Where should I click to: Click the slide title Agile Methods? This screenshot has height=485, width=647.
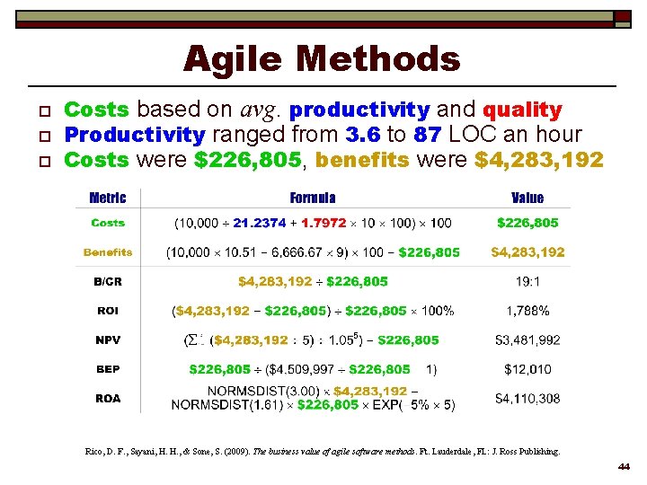pos(322,60)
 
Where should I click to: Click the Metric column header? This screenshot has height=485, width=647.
pos(108,198)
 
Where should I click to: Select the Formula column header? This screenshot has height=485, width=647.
pos(313,198)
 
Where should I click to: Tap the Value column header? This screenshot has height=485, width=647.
pos(527,198)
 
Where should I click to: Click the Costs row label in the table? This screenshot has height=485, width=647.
pos(108,223)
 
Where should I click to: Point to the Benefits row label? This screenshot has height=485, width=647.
pos(108,252)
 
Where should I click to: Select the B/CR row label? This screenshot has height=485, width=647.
pos(108,282)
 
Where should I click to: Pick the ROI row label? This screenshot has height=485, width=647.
pos(108,311)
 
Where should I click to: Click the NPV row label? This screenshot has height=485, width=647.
pos(108,340)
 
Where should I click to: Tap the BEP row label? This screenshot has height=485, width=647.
pos(108,369)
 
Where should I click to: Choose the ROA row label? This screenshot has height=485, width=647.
pos(108,398)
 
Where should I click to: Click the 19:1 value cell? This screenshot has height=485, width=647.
pos(527,282)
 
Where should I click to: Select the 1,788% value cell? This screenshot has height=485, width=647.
pos(527,311)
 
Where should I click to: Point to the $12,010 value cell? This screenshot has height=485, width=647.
pos(527,369)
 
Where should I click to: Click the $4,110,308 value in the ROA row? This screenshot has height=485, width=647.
pos(527,398)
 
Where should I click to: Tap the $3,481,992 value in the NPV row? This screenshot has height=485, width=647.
pos(527,340)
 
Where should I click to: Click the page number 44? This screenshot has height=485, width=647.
pos(624,468)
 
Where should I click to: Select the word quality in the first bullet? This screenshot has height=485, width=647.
pos(522,110)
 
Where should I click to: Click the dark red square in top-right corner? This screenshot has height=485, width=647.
pos(622,16)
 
